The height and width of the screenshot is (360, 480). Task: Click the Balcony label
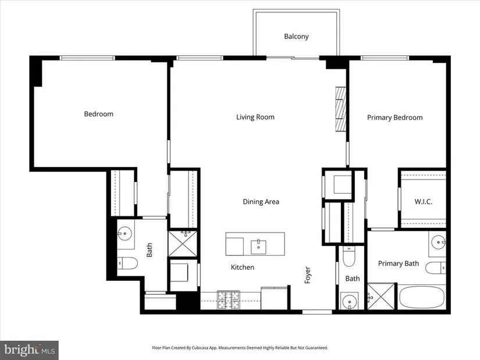coord(296,37)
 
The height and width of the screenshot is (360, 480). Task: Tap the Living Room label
coord(255,117)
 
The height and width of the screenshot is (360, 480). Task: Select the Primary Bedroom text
coord(394,117)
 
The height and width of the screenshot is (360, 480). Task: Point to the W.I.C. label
coord(424,202)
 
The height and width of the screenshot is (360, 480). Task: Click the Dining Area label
coord(261,202)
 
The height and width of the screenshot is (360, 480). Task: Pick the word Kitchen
coord(243,268)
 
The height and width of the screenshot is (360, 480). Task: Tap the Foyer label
coord(308,275)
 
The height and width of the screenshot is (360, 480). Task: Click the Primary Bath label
coord(399,263)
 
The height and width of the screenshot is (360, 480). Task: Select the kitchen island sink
coord(258,247)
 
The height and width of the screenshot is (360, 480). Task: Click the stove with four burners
coord(229,300)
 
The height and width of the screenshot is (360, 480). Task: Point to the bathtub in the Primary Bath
coord(422,298)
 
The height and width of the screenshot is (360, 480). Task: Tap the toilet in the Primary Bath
coord(436,268)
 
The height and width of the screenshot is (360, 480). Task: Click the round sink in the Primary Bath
coord(438,243)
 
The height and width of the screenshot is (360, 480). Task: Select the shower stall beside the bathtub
coord(381,297)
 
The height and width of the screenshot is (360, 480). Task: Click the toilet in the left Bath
coord(127,263)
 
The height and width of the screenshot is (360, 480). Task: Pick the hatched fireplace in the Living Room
coord(341,109)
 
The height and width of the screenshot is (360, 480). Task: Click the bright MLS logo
coord(30,350)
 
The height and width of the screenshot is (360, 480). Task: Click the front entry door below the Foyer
coord(317,312)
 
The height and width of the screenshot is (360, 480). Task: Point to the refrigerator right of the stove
coord(274,298)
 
